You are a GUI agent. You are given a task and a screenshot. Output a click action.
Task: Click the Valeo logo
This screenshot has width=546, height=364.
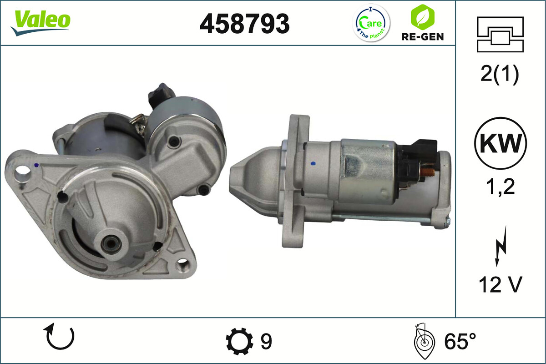40,23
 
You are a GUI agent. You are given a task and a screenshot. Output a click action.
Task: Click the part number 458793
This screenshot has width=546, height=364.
244,24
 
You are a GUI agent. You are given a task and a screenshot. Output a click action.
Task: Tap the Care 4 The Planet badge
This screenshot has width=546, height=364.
371,23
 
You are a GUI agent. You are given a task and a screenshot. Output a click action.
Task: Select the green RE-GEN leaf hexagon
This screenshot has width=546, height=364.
422,17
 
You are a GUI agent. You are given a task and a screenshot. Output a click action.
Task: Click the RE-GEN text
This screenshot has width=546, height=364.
423,37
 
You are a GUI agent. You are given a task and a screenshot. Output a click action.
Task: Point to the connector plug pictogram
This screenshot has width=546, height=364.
500,35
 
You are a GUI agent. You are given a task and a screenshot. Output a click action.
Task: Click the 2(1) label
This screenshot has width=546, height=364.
500,75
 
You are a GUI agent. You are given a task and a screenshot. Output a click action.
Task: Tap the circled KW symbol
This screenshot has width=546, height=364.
500,143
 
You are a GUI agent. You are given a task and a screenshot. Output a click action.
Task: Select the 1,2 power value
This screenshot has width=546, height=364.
500,187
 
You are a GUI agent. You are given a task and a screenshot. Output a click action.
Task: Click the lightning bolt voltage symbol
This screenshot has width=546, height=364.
500,246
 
